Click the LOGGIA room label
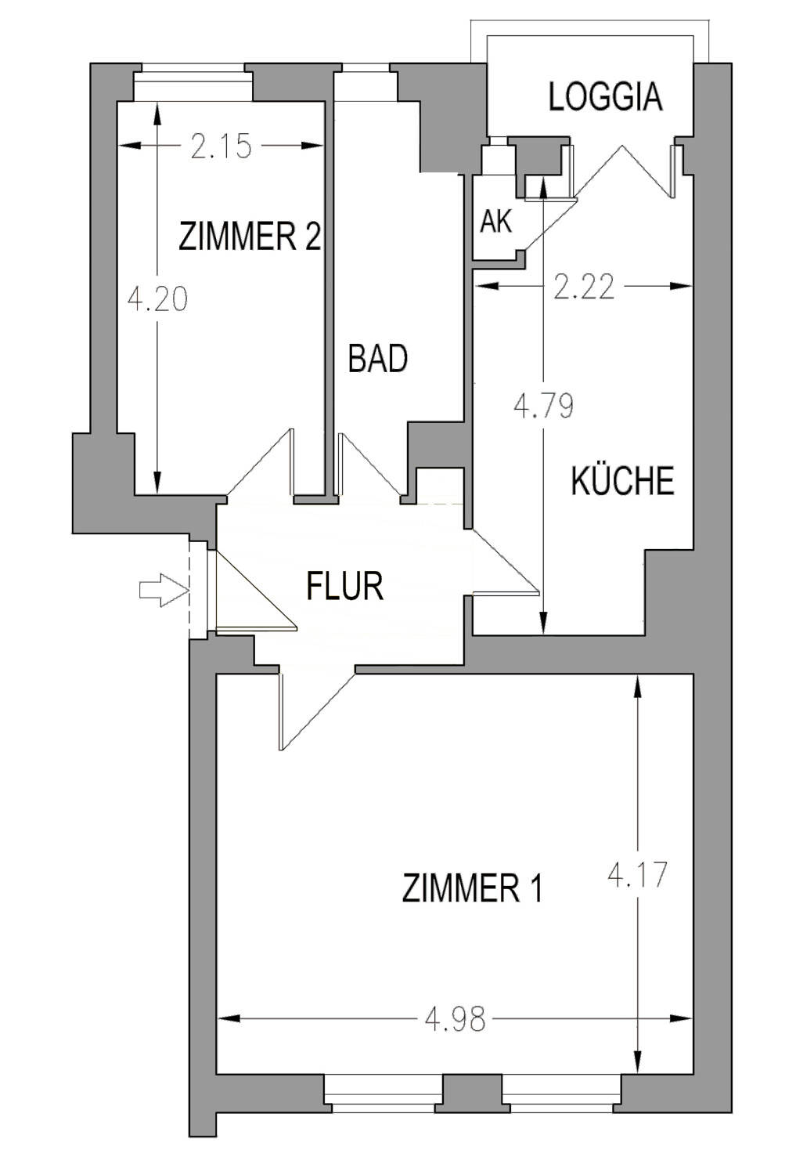(x=605, y=96)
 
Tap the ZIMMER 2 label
(x=250, y=236)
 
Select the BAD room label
(x=378, y=359)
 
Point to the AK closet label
(x=495, y=222)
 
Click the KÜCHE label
(x=622, y=480)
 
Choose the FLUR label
(x=344, y=586)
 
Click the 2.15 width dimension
(x=221, y=146)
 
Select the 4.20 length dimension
(x=157, y=299)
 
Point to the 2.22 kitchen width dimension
(x=583, y=287)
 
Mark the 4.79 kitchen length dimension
(x=543, y=406)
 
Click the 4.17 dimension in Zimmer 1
(x=638, y=874)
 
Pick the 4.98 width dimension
(x=455, y=1019)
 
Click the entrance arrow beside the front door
(x=159, y=589)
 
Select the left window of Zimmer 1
(x=383, y=1094)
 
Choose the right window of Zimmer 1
(x=561, y=1094)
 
